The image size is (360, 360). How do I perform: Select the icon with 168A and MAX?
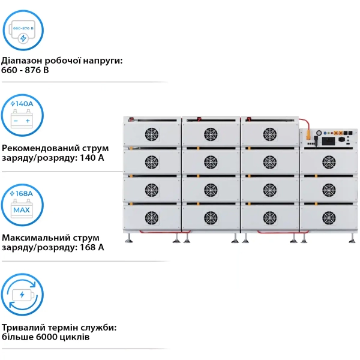23,203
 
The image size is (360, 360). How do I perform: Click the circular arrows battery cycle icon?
23,295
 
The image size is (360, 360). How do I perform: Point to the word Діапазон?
23,61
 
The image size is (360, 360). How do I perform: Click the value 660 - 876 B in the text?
26,71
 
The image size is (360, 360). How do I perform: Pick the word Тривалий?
23,328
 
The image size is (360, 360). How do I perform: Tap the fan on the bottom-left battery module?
152,217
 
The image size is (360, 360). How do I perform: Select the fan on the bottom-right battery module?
329,217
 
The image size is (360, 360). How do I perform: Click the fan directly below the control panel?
329,161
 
